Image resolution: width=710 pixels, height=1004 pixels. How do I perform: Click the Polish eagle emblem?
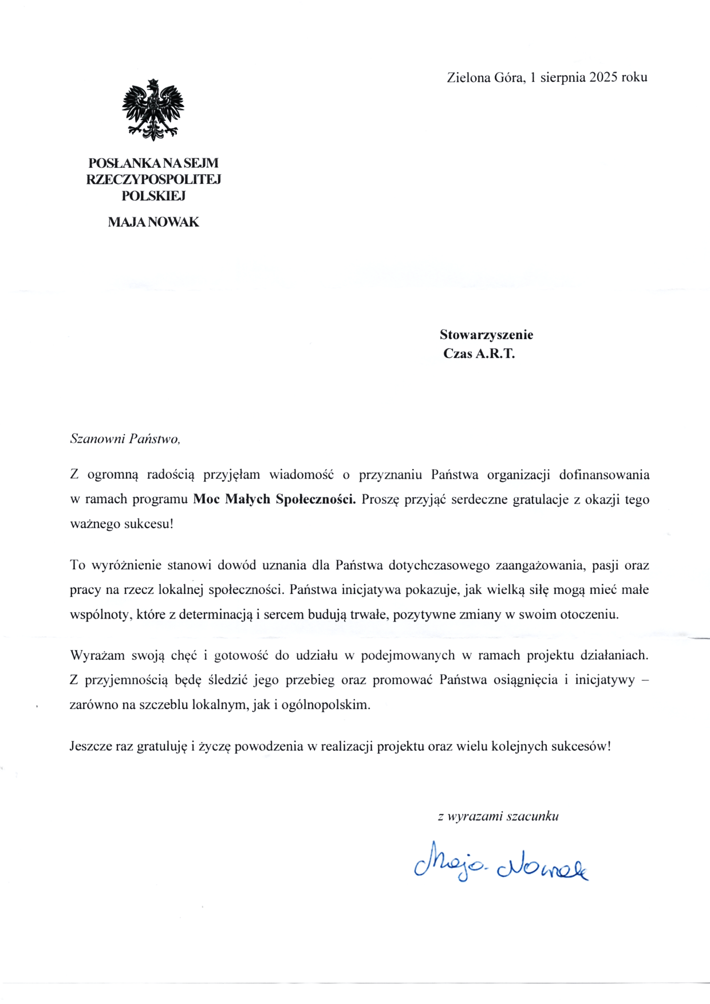[x=153, y=111]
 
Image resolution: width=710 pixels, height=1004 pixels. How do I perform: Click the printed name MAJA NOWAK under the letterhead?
[x=153, y=222]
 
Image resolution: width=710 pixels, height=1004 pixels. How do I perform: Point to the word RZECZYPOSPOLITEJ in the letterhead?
[x=153, y=179]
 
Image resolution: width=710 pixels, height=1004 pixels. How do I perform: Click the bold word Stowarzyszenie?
[x=486, y=334]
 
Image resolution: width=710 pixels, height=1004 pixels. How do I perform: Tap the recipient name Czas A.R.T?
[x=479, y=353]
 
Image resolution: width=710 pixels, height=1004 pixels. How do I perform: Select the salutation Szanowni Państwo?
[x=125, y=439]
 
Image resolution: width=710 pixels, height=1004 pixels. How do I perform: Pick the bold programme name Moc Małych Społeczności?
[x=274, y=499]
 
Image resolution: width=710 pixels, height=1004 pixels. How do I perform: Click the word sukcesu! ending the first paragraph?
[x=148, y=524]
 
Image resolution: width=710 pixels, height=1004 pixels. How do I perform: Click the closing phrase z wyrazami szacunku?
[x=498, y=816]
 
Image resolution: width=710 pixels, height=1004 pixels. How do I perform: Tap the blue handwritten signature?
[x=501, y=862]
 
